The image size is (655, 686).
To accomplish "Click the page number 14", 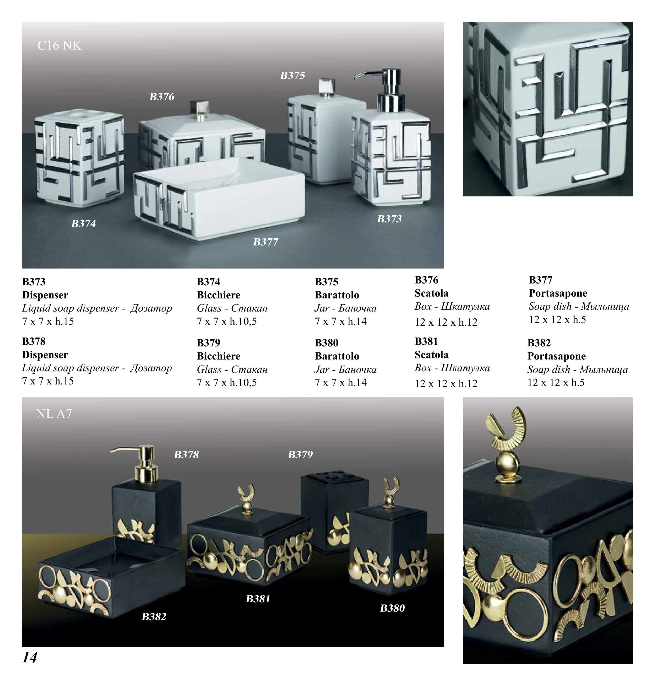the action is point(30,657).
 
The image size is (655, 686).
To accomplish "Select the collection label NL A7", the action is point(54,414).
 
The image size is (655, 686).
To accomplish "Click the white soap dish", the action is point(219,198).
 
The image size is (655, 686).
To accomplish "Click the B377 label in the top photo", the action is point(266,242).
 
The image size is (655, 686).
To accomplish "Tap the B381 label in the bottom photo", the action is point(258,599).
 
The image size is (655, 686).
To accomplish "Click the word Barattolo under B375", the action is point(337,295).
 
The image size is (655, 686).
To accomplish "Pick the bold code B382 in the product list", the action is point(539,343).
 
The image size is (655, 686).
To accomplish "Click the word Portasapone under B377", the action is point(558,293).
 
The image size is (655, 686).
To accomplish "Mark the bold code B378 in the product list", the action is point(34,341).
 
